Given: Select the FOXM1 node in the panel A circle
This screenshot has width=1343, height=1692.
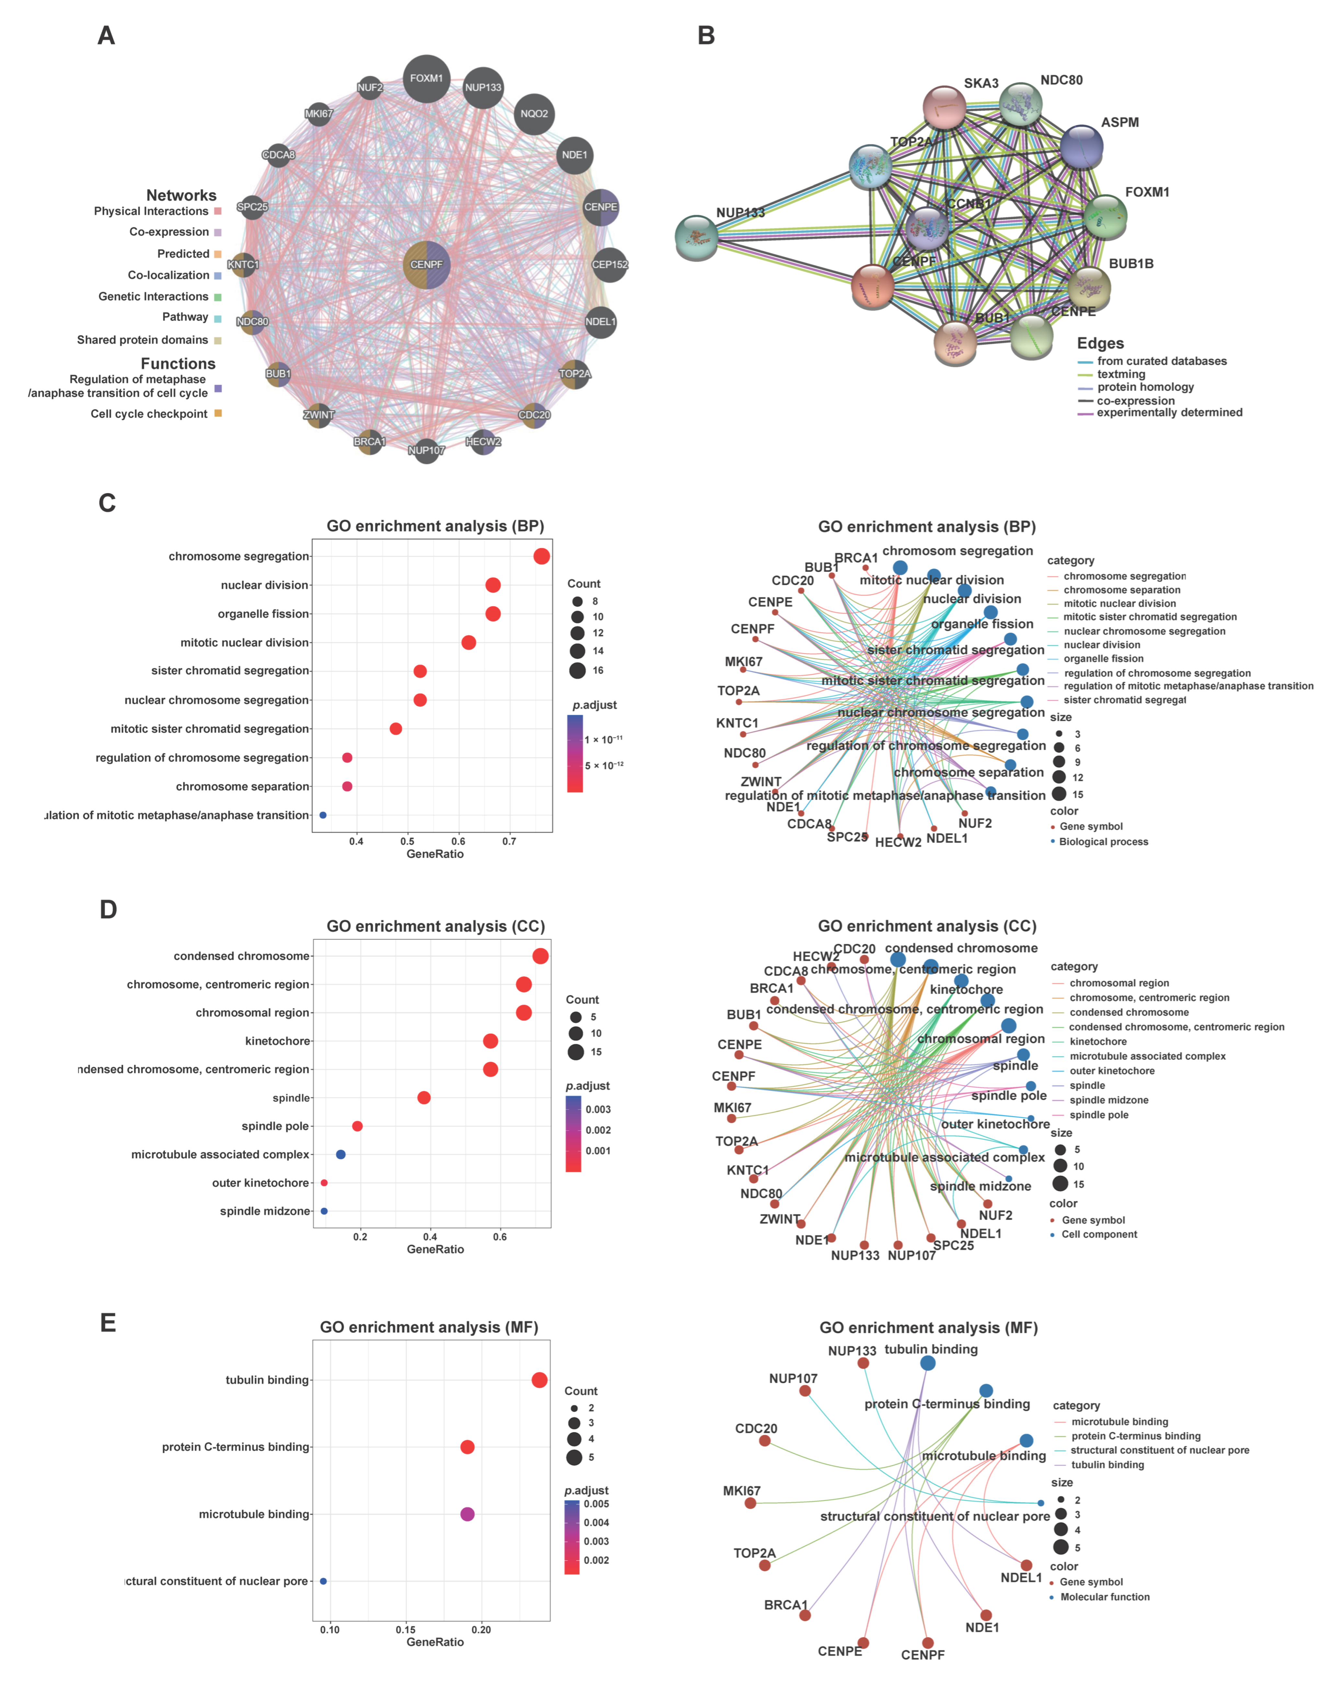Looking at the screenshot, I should (x=426, y=78).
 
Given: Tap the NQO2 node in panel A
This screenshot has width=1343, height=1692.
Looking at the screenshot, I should (x=534, y=114).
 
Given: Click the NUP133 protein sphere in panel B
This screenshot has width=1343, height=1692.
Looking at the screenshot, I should (x=696, y=237).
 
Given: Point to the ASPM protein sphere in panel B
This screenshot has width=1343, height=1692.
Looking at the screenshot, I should (x=1081, y=146).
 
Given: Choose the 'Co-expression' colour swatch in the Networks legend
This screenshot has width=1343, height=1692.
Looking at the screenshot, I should (x=217, y=232).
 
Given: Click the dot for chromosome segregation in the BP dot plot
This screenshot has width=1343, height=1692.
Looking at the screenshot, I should (x=541, y=556).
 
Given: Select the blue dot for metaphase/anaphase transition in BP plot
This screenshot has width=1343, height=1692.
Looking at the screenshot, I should (x=323, y=815).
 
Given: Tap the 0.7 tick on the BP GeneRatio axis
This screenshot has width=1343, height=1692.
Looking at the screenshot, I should (x=510, y=841).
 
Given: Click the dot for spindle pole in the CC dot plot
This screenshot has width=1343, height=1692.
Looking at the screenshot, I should (x=357, y=1126).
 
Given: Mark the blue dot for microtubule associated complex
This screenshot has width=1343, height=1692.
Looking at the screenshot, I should (x=341, y=1154).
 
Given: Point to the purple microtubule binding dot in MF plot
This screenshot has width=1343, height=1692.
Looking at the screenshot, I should (x=467, y=1514).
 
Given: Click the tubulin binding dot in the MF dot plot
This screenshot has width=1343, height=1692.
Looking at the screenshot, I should (x=539, y=1380).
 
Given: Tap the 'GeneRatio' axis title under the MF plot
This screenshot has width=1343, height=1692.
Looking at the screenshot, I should (x=435, y=1642).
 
